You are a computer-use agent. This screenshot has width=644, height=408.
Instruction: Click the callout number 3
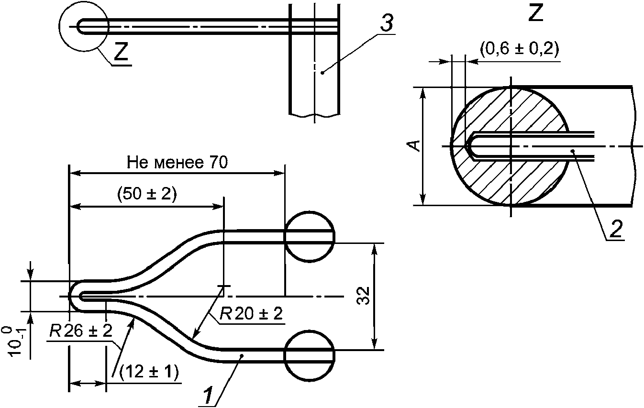tap(387, 22)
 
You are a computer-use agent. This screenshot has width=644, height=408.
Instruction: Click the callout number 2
tap(616, 229)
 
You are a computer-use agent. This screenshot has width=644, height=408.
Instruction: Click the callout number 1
tap(208, 395)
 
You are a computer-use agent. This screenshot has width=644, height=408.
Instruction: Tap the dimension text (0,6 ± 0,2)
tap(519, 49)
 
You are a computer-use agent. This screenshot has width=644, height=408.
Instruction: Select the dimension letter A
tap(415, 146)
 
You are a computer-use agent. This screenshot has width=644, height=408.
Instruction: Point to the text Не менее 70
tap(178, 163)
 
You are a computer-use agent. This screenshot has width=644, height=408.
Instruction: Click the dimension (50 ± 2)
tap(147, 194)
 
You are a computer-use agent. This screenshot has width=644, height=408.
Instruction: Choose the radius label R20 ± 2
tap(251, 313)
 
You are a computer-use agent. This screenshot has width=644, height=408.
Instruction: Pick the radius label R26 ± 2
tap(81, 331)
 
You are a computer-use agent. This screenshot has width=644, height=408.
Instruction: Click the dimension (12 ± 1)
tap(149, 373)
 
